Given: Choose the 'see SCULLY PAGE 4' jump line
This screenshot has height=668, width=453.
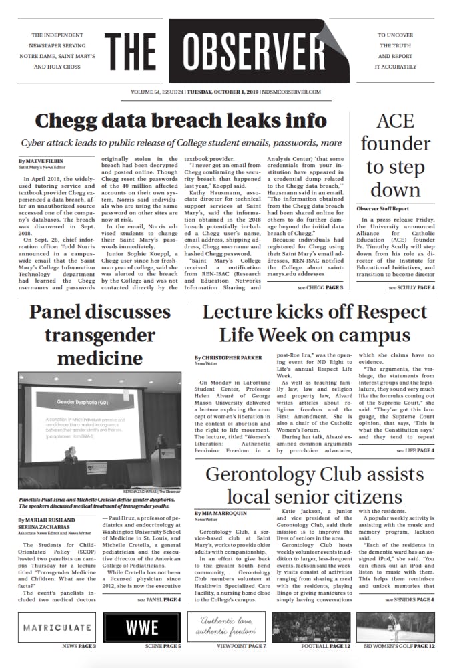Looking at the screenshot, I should [x=412, y=287].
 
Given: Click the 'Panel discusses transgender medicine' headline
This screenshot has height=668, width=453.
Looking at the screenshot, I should [x=99, y=335].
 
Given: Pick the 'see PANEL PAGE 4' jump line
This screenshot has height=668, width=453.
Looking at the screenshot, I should [x=159, y=599].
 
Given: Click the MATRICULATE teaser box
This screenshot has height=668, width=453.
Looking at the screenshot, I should [x=57, y=627].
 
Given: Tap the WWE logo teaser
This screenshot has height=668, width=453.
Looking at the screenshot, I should [x=141, y=627].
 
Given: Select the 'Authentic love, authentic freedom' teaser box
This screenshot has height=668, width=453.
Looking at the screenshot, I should [x=226, y=627].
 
